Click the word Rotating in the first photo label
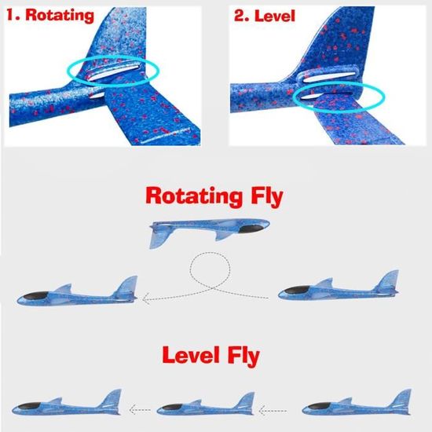[60, 15]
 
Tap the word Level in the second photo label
[274, 16]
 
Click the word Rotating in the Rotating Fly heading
[194, 196]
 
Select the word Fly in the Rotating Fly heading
[267, 196]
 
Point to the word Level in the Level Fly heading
[191, 355]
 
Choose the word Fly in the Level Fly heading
[243, 356]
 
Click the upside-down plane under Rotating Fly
[210, 232]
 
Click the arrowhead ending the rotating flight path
[146, 298]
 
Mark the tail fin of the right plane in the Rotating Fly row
[388, 280]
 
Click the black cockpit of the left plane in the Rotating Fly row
[36, 295]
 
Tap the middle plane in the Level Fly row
[206, 405]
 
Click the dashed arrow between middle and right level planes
[273, 411]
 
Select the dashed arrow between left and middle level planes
[140, 410]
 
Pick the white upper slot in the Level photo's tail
[328, 77]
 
